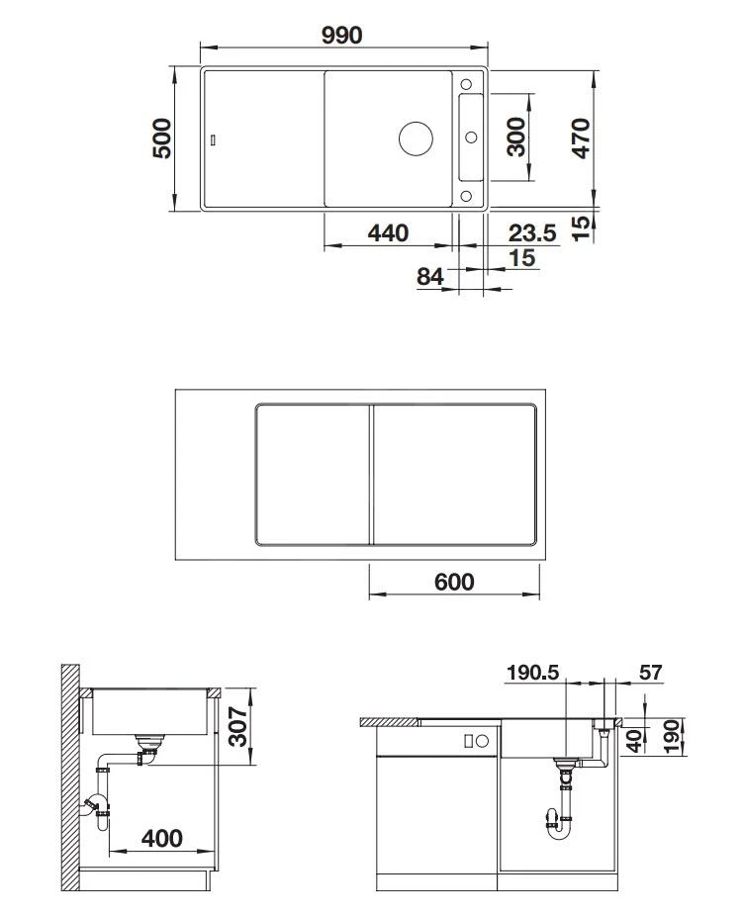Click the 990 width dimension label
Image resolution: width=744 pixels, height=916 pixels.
point(341,35)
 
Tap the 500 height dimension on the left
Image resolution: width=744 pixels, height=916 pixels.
point(162,138)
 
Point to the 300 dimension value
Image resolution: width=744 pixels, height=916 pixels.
point(515,138)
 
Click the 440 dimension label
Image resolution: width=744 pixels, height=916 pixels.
point(388,233)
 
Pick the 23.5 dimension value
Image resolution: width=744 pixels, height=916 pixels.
point(532,233)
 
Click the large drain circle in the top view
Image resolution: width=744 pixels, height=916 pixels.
point(416,138)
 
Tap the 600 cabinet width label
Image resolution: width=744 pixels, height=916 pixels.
point(454,582)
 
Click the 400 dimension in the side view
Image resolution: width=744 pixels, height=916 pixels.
point(162,838)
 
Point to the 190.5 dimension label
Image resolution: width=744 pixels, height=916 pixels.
point(532,674)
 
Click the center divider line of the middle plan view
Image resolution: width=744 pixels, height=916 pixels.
point(372,474)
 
